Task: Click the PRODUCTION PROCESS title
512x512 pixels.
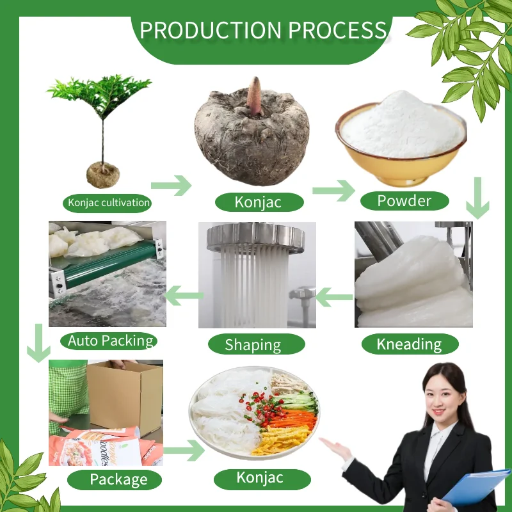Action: click(x=263, y=30)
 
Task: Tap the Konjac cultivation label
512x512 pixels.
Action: click(x=109, y=203)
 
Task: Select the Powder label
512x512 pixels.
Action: click(x=404, y=201)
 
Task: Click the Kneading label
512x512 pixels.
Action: click(x=410, y=344)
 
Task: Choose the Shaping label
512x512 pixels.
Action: click(x=253, y=345)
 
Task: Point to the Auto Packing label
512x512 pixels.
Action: click(x=111, y=340)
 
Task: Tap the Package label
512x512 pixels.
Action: click(x=118, y=479)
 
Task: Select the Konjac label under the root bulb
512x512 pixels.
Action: click(x=259, y=202)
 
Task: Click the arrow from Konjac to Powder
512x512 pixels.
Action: click(x=333, y=190)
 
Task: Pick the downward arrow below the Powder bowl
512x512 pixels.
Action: click(x=477, y=199)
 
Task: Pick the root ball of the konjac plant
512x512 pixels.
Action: click(x=103, y=172)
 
